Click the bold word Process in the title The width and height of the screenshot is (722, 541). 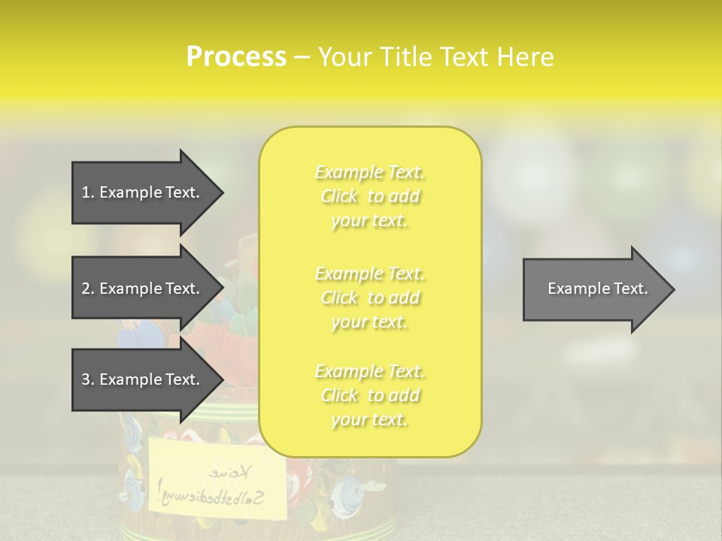(236, 57)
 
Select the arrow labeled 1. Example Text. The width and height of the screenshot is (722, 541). (141, 192)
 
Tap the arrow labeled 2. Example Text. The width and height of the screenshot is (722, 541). (141, 289)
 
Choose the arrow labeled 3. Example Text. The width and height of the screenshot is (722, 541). (141, 379)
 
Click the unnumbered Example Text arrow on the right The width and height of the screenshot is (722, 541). (597, 289)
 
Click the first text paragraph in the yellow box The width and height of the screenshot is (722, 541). (370, 196)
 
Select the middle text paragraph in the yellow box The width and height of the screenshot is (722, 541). (370, 298)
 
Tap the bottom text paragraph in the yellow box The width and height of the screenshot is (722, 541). (370, 395)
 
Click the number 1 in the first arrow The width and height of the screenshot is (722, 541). (86, 192)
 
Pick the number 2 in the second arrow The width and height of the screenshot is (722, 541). (86, 289)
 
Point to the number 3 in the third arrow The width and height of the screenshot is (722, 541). (86, 379)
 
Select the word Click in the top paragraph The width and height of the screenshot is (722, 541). (339, 197)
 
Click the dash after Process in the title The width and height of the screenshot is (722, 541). (302, 58)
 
